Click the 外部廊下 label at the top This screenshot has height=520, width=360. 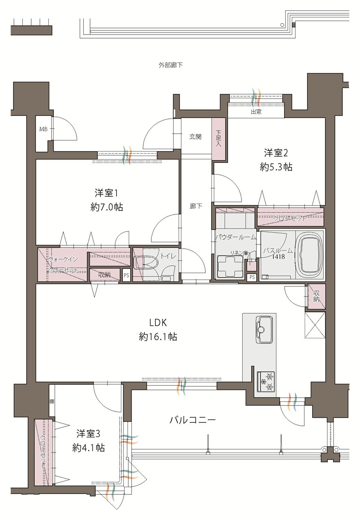pos(170,65)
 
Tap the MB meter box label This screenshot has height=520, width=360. pos(43,129)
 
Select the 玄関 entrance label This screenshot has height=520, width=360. pos(195,137)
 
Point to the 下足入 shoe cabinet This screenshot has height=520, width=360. pos(219,139)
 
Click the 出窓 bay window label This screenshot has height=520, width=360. pos(256,112)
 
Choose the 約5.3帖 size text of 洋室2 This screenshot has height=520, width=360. pos(276,167)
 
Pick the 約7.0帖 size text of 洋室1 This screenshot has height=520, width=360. pos(107,207)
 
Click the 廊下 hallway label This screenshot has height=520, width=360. pos(196,206)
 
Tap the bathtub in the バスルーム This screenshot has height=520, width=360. pos(309,255)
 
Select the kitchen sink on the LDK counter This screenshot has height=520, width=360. pos(263,329)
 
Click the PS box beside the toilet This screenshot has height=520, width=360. pos(126,275)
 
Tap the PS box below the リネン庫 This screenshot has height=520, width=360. pos(252,277)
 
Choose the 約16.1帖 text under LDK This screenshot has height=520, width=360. pos(158,336)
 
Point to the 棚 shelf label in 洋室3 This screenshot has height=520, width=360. pos(52,401)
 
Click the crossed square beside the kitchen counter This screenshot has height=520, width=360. pos(315,325)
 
